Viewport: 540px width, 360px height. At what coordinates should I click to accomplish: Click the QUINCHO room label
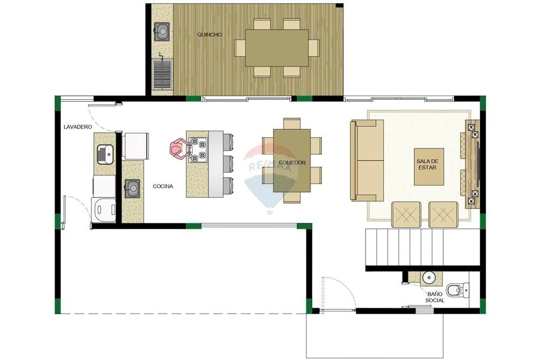(210, 35)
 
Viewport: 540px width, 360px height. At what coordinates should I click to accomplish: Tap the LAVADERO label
(78, 127)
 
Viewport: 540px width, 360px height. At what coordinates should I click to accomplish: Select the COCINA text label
(163, 187)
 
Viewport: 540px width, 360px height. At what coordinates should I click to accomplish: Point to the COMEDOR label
(292, 162)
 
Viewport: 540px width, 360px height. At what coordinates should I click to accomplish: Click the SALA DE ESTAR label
(427, 165)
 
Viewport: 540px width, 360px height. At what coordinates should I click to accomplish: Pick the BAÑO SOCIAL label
(435, 297)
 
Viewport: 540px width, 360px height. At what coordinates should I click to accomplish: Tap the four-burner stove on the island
(198, 150)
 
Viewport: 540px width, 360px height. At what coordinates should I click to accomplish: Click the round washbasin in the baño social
(428, 277)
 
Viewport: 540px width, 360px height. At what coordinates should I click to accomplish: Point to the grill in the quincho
(163, 74)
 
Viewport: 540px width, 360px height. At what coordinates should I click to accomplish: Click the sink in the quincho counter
(162, 32)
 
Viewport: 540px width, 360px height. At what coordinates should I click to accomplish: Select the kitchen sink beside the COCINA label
(132, 188)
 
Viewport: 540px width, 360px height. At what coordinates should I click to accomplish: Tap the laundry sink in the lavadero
(105, 154)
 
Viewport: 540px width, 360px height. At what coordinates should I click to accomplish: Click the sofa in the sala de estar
(367, 160)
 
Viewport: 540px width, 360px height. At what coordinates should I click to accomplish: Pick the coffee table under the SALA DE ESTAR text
(429, 167)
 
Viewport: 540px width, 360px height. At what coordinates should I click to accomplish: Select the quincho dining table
(277, 48)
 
